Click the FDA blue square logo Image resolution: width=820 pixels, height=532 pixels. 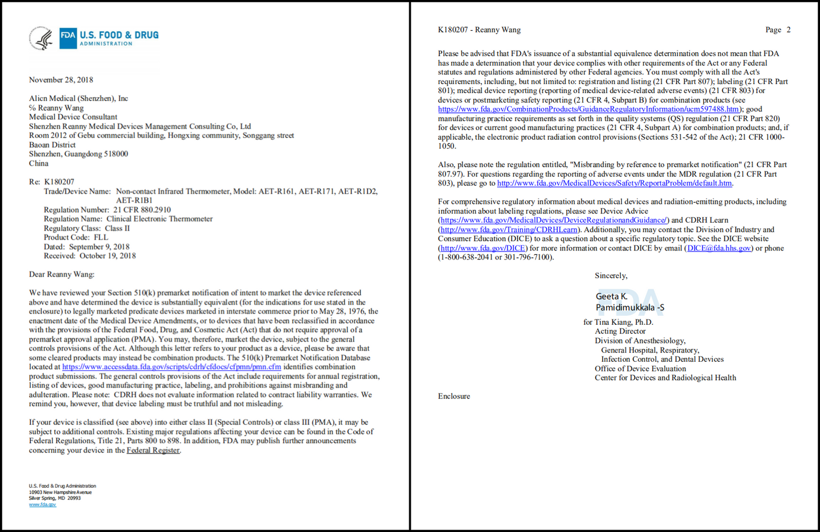tap(68, 38)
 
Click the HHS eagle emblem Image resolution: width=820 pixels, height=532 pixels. tap(41, 39)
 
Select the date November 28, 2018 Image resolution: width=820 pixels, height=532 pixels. tap(61, 80)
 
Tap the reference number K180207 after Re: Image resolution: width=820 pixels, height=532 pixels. tap(59, 182)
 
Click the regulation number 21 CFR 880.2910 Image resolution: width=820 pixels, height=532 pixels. tap(142, 210)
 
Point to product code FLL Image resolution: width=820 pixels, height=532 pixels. tap(100, 237)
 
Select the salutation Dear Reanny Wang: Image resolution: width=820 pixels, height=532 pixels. tap(62, 274)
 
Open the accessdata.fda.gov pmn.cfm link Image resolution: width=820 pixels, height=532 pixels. tap(171, 367)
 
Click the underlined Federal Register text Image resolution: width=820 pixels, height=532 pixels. tap(153, 450)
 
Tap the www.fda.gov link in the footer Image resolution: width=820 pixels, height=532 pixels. tap(43, 504)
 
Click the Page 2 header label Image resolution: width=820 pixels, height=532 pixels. tap(777, 30)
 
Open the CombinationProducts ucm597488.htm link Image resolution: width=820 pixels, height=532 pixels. tap(588, 109)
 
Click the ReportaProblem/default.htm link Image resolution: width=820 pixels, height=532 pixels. tap(615, 183)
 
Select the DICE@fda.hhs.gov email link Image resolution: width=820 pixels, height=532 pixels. tap(719, 248)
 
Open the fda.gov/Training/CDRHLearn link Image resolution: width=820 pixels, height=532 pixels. tap(509, 229)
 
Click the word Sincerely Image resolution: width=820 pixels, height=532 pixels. tap(611, 275)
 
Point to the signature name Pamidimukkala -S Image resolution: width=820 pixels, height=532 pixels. tap(630, 308)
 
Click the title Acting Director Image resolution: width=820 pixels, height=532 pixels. tap(620, 331)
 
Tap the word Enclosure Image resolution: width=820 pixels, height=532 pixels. tap(454, 396)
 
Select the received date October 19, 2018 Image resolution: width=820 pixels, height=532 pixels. tap(107, 255)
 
